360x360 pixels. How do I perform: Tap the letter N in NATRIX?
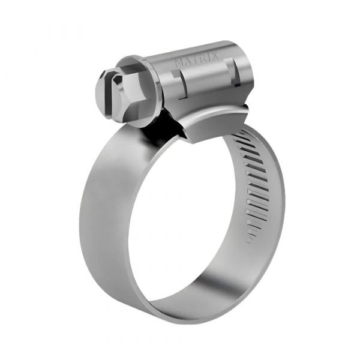(177, 62)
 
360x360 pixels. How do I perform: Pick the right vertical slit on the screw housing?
(236, 77)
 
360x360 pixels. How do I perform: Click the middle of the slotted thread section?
(254, 186)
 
